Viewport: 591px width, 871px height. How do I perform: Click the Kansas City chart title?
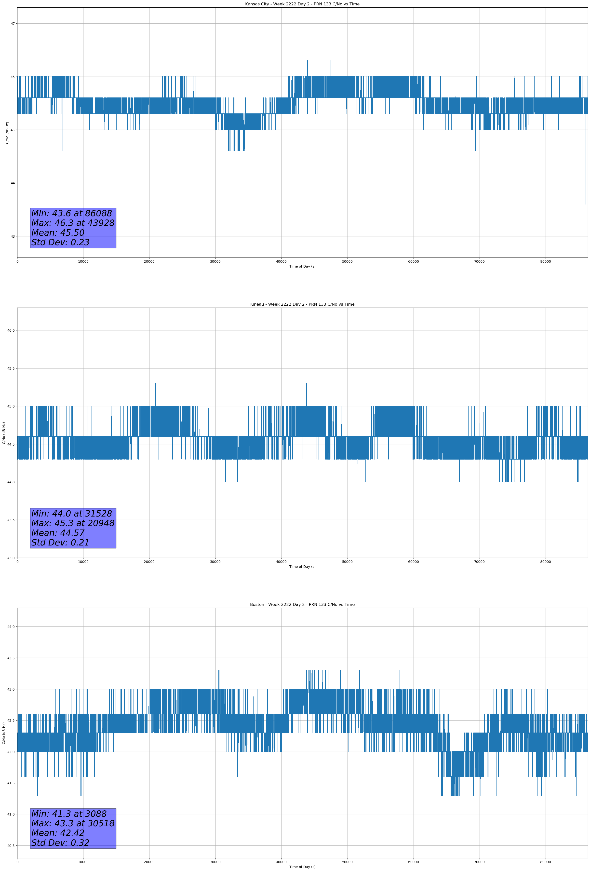(302, 4)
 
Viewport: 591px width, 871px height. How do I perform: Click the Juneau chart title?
(302, 304)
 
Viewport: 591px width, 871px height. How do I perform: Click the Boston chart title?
(302, 605)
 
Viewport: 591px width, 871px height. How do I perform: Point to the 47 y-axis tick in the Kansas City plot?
(13, 24)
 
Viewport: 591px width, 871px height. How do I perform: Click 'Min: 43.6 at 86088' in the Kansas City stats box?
(72, 214)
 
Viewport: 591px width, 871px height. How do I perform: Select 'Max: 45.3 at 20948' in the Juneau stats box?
(73, 523)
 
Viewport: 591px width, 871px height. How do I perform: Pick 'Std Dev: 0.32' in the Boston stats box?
(60, 843)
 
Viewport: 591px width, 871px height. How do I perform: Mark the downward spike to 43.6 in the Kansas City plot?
(586, 202)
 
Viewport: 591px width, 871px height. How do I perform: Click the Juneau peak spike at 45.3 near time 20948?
(156, 384)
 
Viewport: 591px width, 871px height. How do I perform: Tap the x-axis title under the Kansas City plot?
(302, 266)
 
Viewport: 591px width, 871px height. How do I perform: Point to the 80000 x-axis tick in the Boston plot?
(545, 862)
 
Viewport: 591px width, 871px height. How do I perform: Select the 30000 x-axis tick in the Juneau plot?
(215, 562)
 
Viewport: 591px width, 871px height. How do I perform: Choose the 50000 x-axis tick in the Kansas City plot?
(347, 262)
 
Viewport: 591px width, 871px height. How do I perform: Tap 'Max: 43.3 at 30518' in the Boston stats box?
(73, 823)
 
